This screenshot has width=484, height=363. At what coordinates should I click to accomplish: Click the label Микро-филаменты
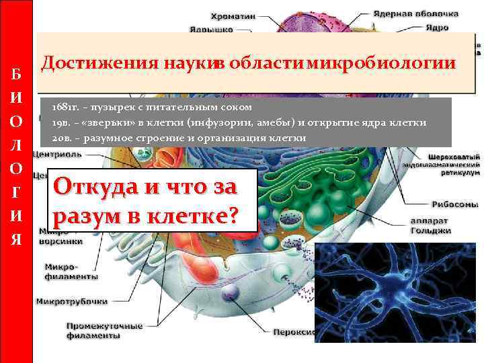click(71, 271)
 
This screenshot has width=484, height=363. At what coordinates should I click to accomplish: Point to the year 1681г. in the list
click(65, 108)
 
